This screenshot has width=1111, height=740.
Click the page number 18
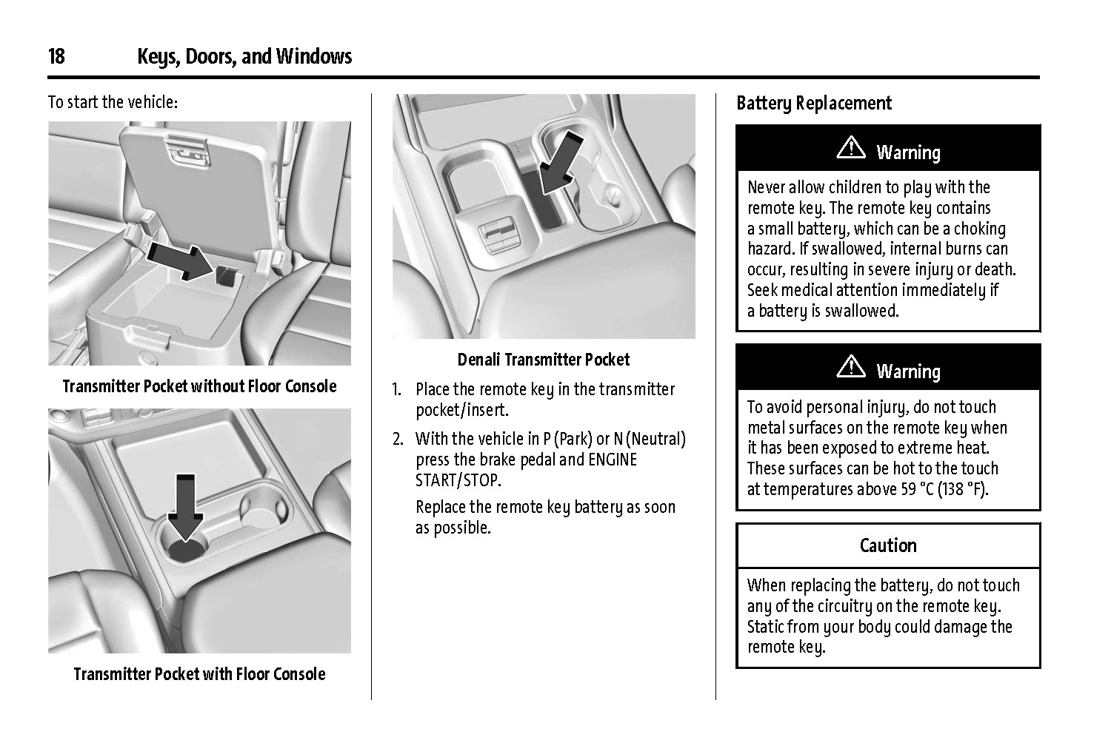point(56,57)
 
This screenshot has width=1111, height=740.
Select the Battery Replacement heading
point(814,104)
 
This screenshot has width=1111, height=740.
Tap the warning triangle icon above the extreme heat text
point(851,368)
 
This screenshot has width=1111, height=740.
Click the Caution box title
point(888,546)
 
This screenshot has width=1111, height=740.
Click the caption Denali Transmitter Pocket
point(543,360)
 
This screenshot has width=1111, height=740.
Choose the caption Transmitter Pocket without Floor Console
point(199,386)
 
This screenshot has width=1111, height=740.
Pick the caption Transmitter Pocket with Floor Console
point(199,674)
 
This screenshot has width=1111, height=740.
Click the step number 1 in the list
point(396,390)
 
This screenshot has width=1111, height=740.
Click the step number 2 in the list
point(398,440)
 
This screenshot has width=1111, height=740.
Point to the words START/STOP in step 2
point(458,481)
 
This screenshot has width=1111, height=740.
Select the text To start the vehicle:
point(113,102)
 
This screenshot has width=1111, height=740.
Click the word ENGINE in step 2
point(612,460)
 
